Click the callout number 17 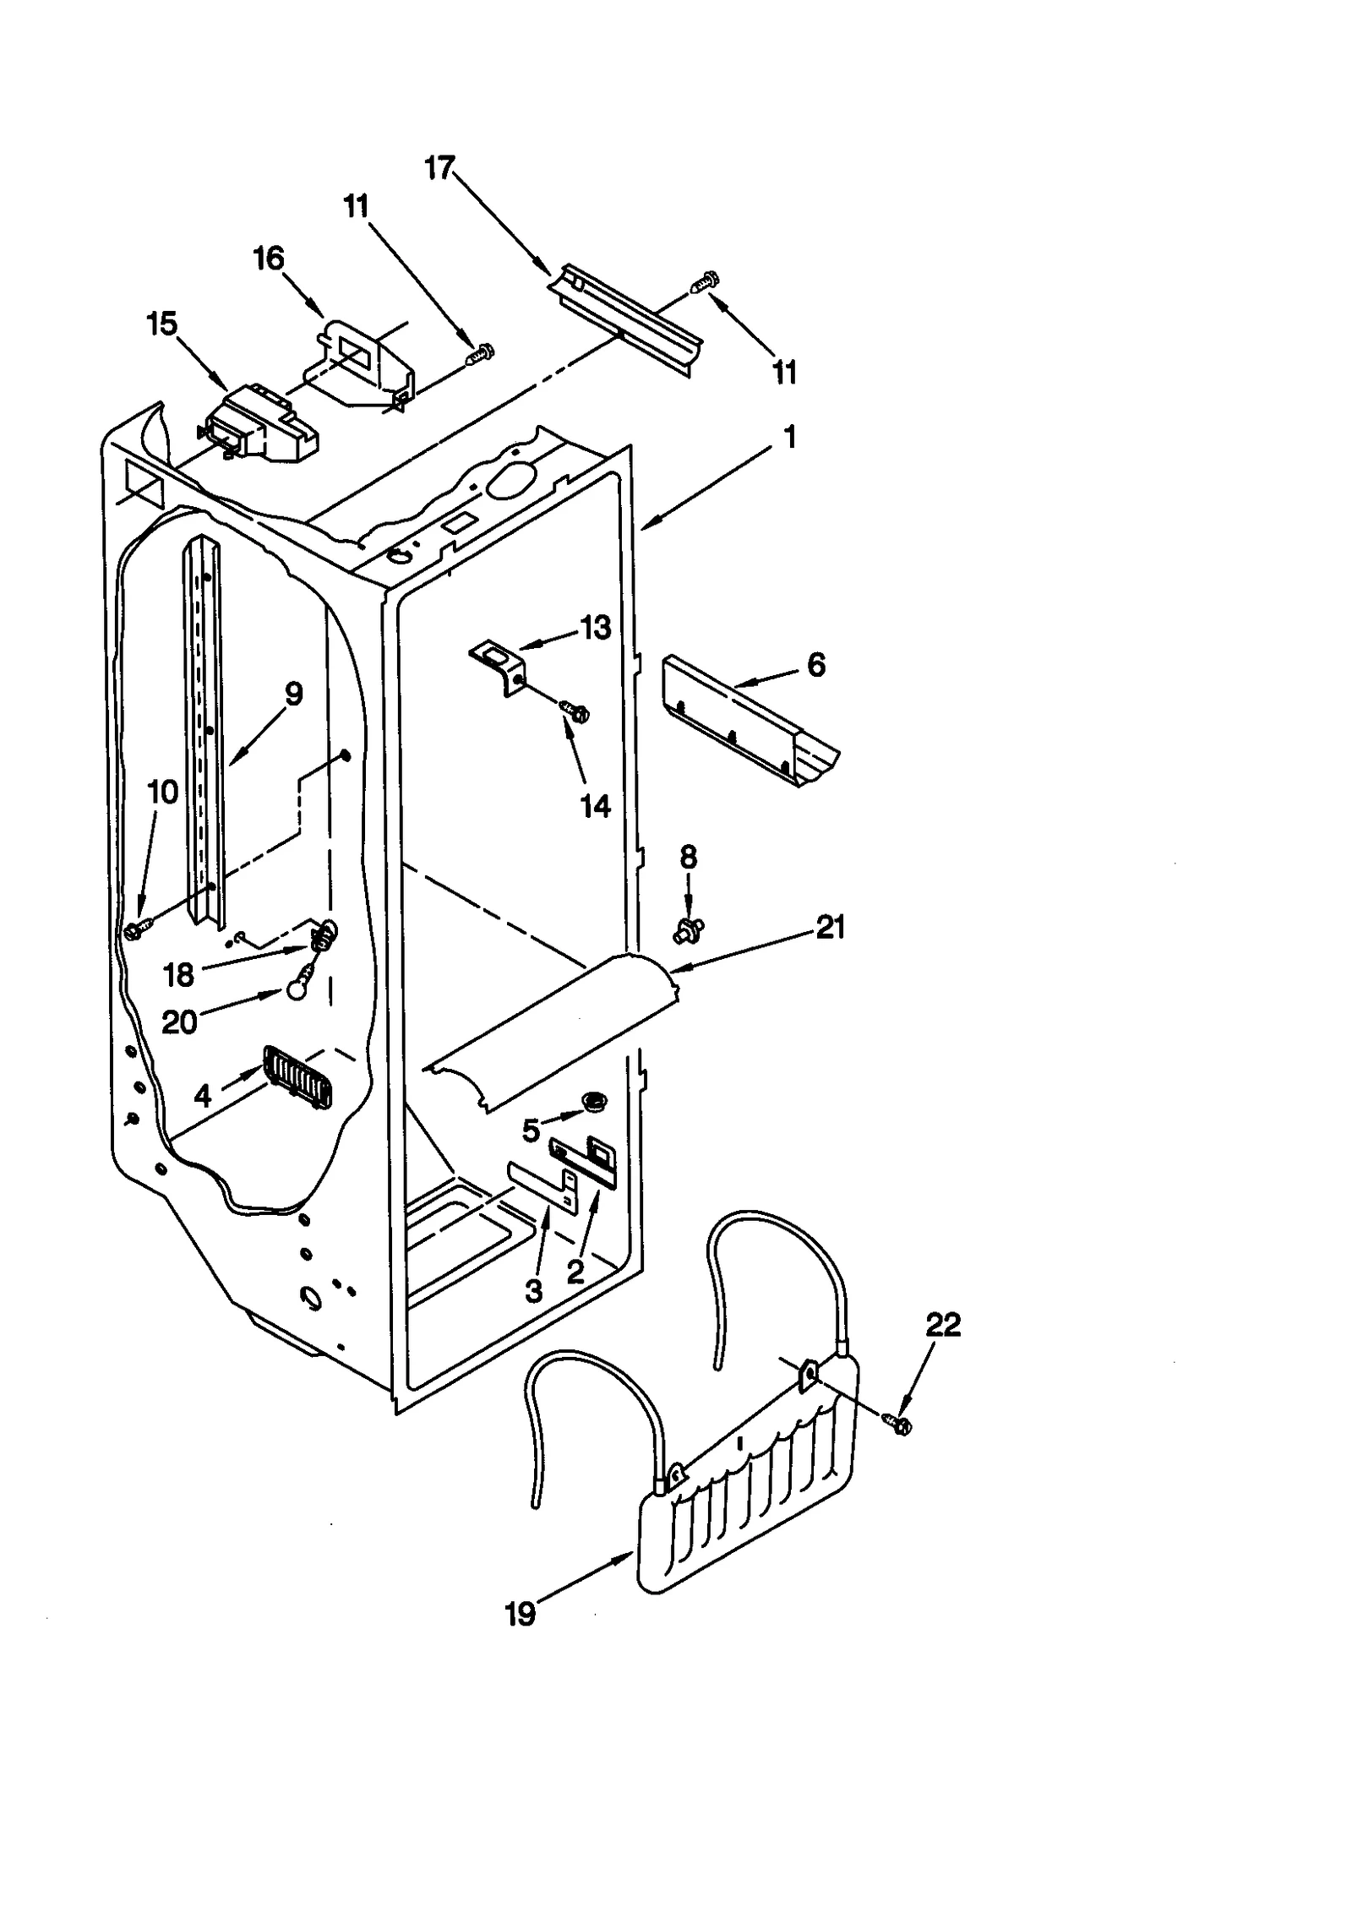(x=439, y=168)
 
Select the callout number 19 (x=521, y=1615)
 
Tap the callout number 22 (x=943, y=1325)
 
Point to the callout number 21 (x=831, y=928)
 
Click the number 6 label (x=815, y=665)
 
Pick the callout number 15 (x=162, y=324)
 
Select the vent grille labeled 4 (x=296, y=1076)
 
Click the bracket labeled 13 (x=498, y=665)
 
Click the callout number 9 (x=293, y=695)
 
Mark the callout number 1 (x=789, y=438)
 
